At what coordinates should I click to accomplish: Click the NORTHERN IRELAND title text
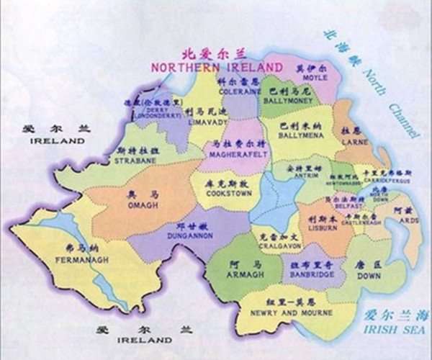(x=217, y=66)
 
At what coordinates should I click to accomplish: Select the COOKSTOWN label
(x=223, y=194)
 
